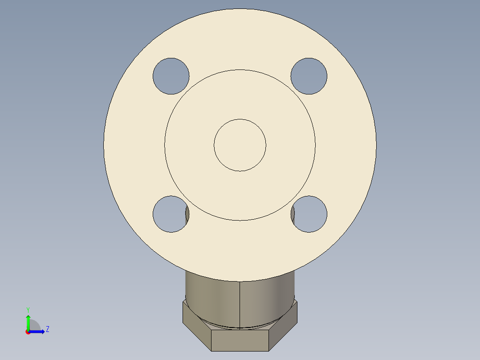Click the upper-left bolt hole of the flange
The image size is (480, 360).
click(171, 76)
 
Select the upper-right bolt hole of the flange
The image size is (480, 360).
click(309, 76)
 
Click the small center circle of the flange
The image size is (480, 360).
click(240, 145)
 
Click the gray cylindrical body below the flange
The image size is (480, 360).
click(214, 296)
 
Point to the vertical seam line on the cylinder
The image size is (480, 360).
click(240, 303)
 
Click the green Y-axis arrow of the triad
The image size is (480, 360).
click(28, 320)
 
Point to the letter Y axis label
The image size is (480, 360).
click(28, 309)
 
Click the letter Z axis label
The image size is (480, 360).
click(47, 329)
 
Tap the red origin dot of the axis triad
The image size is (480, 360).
click(28, 331)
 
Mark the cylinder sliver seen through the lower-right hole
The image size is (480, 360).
click(293, 215)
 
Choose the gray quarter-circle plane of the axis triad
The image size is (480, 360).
click(34, 326)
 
